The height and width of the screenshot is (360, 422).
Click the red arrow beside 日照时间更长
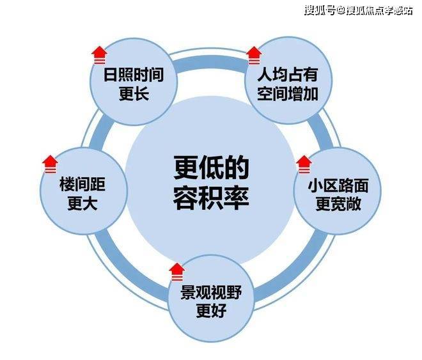pos(99,55)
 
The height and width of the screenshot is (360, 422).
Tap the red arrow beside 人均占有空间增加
pos(254,56)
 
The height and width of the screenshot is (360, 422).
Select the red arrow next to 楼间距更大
pos(50,164)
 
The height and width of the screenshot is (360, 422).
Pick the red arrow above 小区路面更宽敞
pos(304,164)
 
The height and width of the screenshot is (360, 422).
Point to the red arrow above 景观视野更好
pos(177,272)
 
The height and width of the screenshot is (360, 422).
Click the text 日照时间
pos(134,75)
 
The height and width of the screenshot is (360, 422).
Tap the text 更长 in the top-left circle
pos(134,94)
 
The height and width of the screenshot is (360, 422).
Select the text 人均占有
pos(288,75)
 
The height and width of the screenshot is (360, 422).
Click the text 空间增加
pos(288,94)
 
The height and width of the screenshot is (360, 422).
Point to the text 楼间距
pos(82,184)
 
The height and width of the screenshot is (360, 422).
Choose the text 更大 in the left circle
pos(82,204)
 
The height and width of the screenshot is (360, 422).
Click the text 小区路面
pos(338,185)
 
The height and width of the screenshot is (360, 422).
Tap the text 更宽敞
pos(338,205)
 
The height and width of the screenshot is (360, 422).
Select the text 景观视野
pos(211,292)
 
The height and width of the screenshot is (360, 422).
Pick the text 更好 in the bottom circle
pos(211,311)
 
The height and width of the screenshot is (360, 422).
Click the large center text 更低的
pos(211,168)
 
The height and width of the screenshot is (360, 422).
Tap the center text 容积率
pos(211,198)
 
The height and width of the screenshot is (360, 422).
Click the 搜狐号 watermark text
pos(320,11)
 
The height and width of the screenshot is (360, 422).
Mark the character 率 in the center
pos(237,198)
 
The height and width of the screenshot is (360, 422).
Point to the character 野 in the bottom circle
pos(234,292)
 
